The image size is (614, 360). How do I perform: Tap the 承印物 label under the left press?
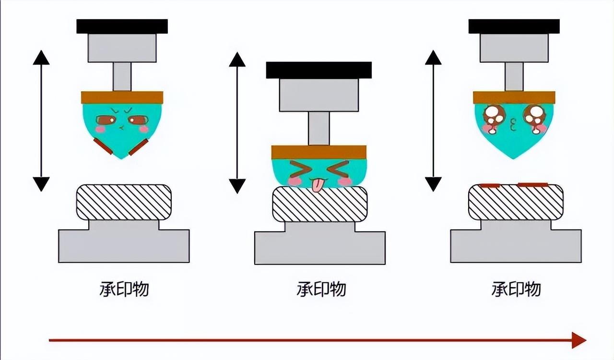[124, 289]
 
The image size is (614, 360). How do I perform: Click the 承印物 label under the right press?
[516, 289]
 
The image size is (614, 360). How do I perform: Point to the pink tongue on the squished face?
[317, 186]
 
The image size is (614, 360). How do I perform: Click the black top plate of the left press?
[122, 26]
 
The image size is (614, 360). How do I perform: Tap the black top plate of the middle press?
[319, 70]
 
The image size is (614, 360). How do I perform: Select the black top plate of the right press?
[514, 26]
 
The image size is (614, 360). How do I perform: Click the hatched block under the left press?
[124, 203]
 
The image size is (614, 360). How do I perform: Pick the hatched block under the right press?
[516, 203]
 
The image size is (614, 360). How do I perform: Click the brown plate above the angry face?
[122, 98]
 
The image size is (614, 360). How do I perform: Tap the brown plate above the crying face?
[514, 98]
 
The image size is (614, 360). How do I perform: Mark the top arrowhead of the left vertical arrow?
[41, 57]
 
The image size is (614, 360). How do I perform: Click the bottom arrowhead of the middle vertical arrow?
[237, 185]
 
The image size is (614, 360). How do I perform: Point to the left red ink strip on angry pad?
[103, 146]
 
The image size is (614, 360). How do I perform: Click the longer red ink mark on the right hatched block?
[532, 184]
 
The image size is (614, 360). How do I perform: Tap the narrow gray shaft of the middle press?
[319, 128]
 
